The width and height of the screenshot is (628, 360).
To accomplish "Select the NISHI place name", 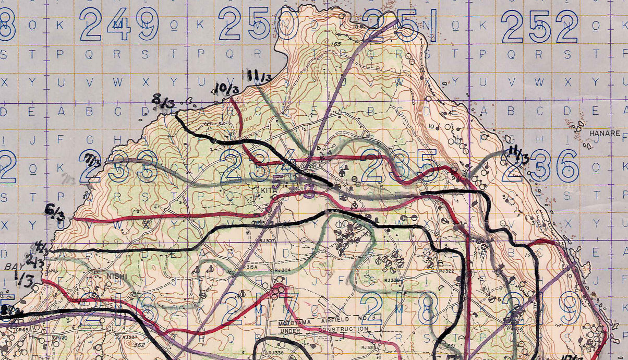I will click(x=114, y=276).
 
